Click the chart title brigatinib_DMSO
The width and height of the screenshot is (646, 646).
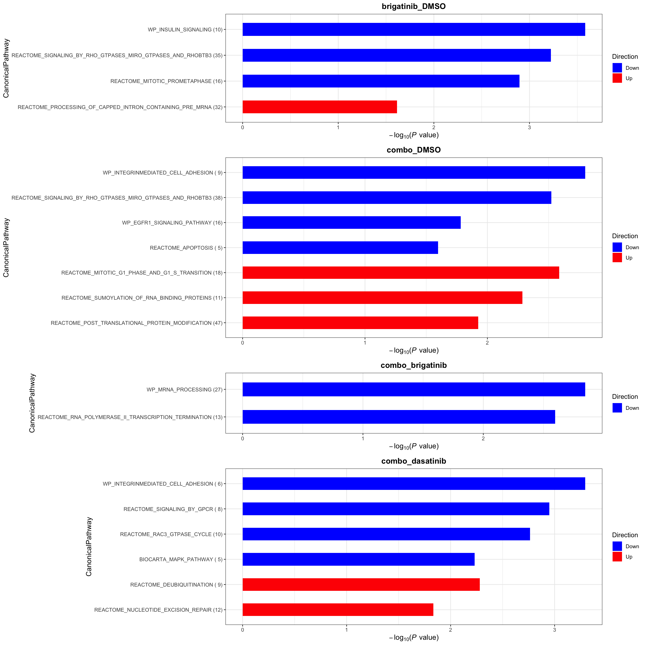pos(414,6)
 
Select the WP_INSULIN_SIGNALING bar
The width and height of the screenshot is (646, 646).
pos(414,29)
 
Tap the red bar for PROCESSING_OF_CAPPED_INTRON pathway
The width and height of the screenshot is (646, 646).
pos(320,107)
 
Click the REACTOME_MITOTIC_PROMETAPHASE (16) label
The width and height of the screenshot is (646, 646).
pos(166,81)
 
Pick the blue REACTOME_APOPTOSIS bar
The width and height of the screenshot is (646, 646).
pos(340,248)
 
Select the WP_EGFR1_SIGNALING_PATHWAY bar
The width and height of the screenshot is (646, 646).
pos(351,223)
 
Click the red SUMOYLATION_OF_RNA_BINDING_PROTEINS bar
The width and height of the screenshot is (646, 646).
pos(382,298)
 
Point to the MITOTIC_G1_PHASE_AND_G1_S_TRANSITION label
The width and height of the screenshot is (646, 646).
pos(142,273)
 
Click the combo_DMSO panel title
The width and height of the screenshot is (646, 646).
pos(414,150)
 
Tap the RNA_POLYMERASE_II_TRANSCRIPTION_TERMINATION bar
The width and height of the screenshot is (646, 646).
pos(399,417)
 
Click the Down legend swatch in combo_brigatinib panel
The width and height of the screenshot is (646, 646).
pos(617,408)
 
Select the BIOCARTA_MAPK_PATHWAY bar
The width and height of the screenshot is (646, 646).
pos(358,559)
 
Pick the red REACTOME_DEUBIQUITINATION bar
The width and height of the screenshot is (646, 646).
pos(361,585)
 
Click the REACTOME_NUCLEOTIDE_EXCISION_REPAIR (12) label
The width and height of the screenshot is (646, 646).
pos(158,610)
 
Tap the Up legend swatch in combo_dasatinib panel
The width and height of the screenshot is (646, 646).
pos(617,557)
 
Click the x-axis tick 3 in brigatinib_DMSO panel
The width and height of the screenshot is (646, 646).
pos(529,128)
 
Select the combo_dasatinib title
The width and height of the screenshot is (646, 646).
pos(414,461)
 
